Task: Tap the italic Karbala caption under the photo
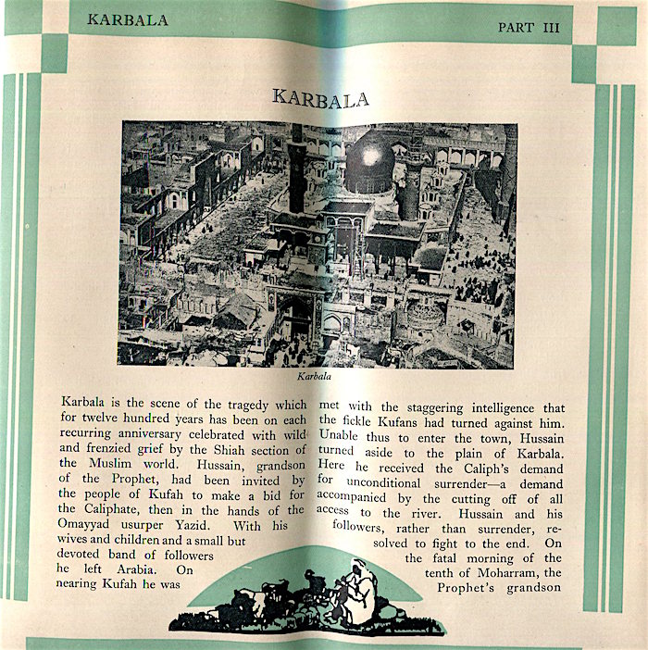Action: [x=315, y=377]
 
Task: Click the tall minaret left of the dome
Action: [x=297, y=171]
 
